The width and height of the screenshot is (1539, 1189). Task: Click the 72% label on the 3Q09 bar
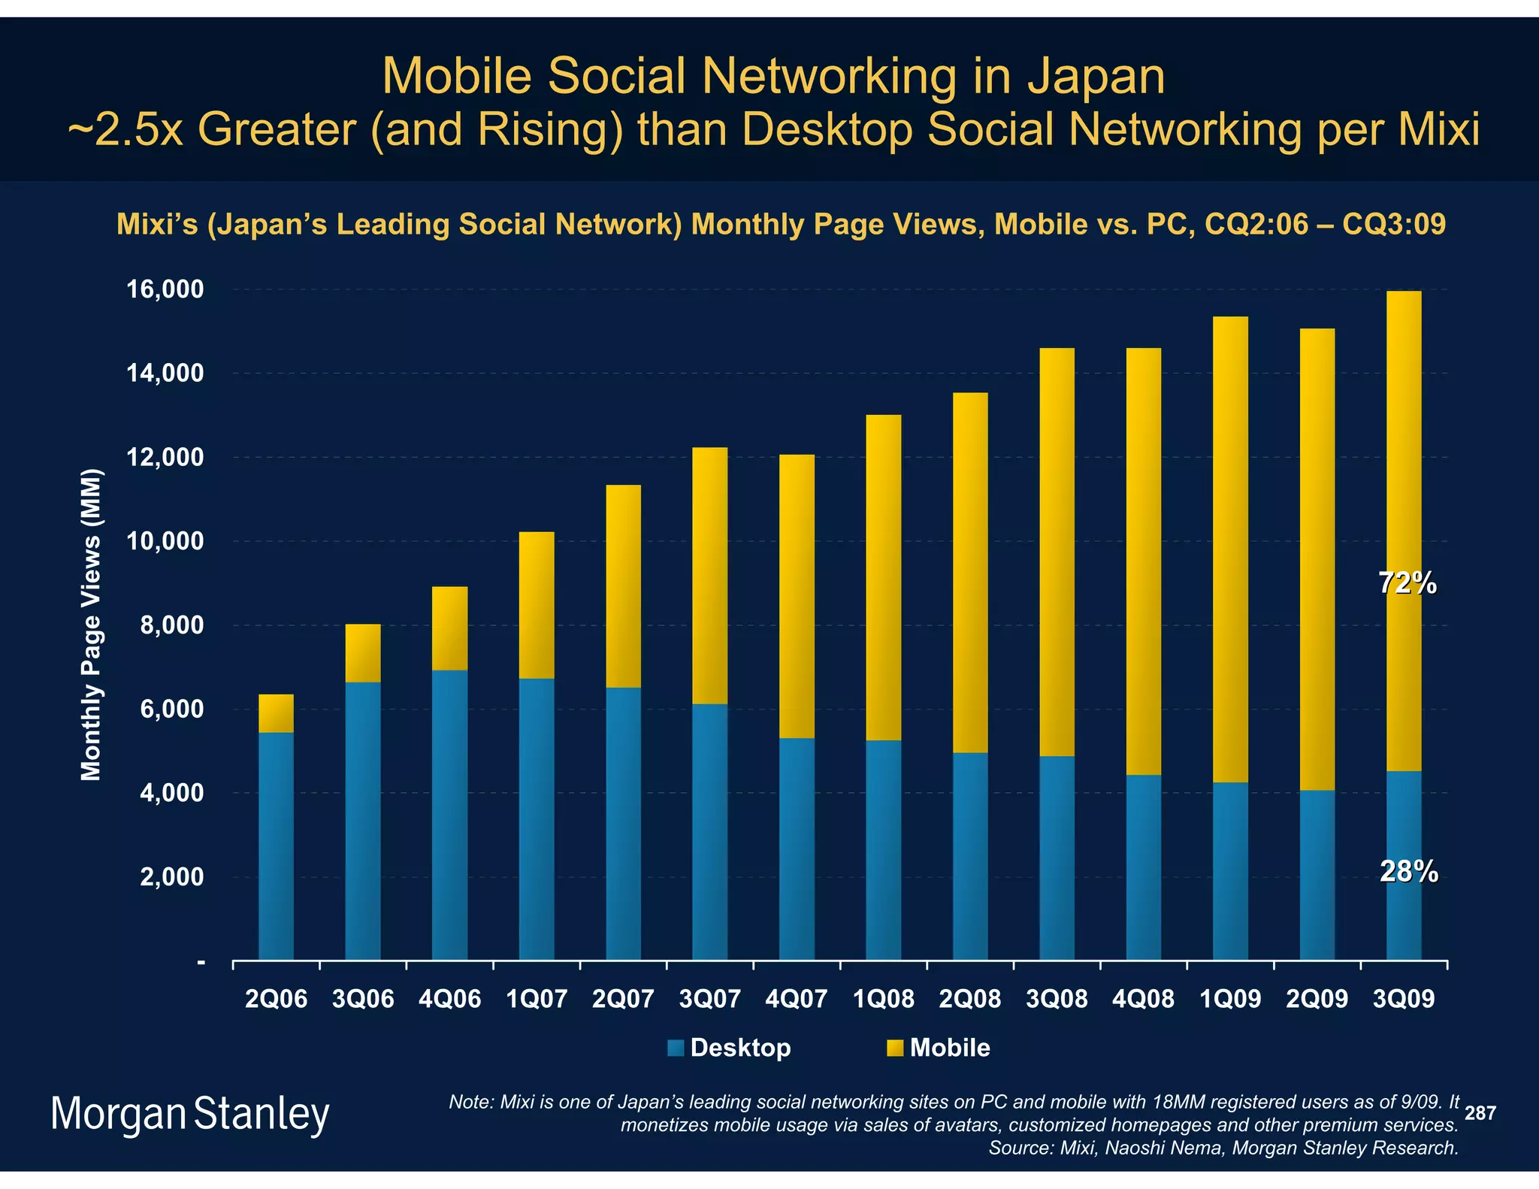click(1407, 583)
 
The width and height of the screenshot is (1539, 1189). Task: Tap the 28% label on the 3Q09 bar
click(1408, 871)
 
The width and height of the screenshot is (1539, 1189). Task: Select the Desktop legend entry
click(729, 1048)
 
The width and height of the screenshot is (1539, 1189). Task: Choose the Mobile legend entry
click(939, 1048)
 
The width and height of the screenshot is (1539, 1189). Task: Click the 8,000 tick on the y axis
click(171, 625)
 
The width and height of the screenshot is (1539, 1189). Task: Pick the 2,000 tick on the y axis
click(171, 877)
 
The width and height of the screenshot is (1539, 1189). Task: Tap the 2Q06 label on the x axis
click(277, 999)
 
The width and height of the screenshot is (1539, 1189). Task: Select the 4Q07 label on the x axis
click(797, 999)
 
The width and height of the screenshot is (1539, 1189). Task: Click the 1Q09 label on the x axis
click(1230, 999)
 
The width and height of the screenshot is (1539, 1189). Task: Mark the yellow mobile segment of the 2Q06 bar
click(276, 713)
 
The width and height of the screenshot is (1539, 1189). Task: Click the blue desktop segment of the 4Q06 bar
click(449, 812)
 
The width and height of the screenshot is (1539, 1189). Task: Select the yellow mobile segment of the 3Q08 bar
click(1057, 552)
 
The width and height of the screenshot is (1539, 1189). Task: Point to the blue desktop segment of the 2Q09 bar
click(1317, 876)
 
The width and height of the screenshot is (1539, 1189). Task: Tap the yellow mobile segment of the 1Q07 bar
click(537, 605)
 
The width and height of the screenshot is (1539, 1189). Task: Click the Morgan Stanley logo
click(190, 1115)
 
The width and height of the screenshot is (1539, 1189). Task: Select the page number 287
click(1480, 1113)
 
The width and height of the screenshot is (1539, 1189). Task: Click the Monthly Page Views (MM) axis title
click(91, 625)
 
